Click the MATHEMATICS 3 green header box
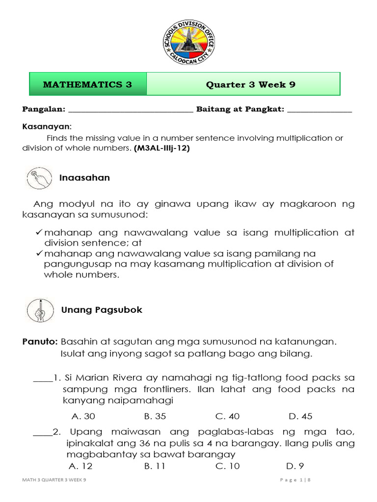(88, 84)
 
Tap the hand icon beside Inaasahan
(38, 177)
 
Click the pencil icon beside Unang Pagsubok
(38, 310)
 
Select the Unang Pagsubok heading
(102, 310)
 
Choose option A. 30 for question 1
(83, 416)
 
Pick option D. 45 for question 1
(300, 416)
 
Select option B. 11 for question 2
(155, 466)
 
